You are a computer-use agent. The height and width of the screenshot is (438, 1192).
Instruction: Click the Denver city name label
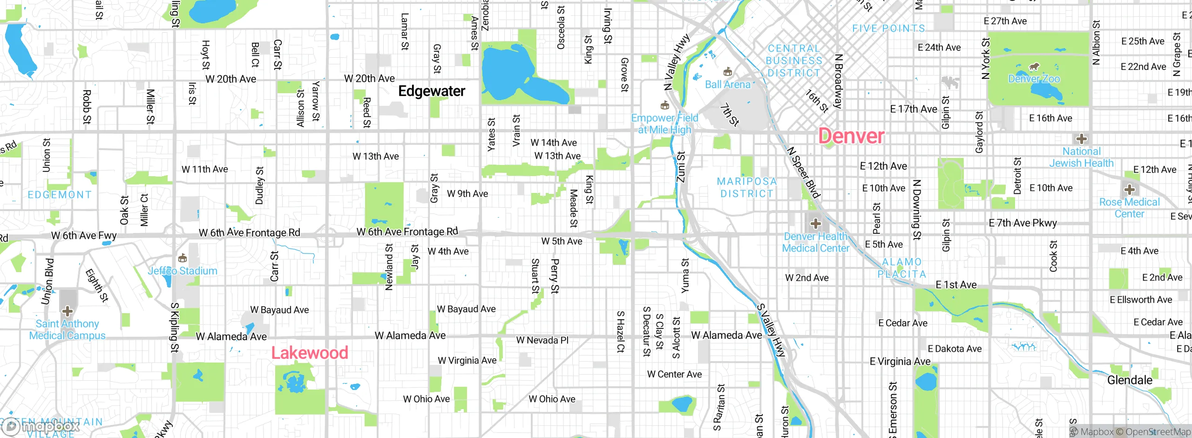(x=851, y=136)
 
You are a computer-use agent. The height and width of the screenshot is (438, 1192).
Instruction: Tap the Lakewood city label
(x=310, y=353)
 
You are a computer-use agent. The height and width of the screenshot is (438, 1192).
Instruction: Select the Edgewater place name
(x=432, y=91)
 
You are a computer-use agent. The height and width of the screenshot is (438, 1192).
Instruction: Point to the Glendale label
(x=1130, y=380)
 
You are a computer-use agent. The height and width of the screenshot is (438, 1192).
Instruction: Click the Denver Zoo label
(x=1034, y=79)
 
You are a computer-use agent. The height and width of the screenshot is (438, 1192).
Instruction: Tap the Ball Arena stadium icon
(x=727, y=72)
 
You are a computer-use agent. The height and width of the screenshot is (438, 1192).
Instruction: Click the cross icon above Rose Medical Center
(x=1129, y=190)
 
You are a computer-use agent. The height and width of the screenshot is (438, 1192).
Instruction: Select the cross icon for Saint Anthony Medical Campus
(x=68, y=311)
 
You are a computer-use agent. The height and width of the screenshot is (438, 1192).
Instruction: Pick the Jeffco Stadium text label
(x=183, y=271)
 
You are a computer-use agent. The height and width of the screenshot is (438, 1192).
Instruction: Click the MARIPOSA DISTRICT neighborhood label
(x=746, y=187)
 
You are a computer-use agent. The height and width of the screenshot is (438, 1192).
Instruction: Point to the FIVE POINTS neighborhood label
(x=888, y=28)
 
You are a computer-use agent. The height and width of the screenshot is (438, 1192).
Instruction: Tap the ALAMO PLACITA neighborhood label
(x=902, y=268)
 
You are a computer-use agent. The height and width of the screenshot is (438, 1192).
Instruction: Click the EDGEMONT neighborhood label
(x=60, y=195)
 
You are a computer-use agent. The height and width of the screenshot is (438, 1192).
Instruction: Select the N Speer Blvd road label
(x=803, y=172)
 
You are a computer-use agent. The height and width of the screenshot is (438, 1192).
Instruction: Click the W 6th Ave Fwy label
(x=84, y=235)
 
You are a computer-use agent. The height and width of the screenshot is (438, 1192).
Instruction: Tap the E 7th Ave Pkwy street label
(x=1023, y=223)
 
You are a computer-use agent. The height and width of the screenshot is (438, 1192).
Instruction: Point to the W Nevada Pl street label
(x=542, y=340)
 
